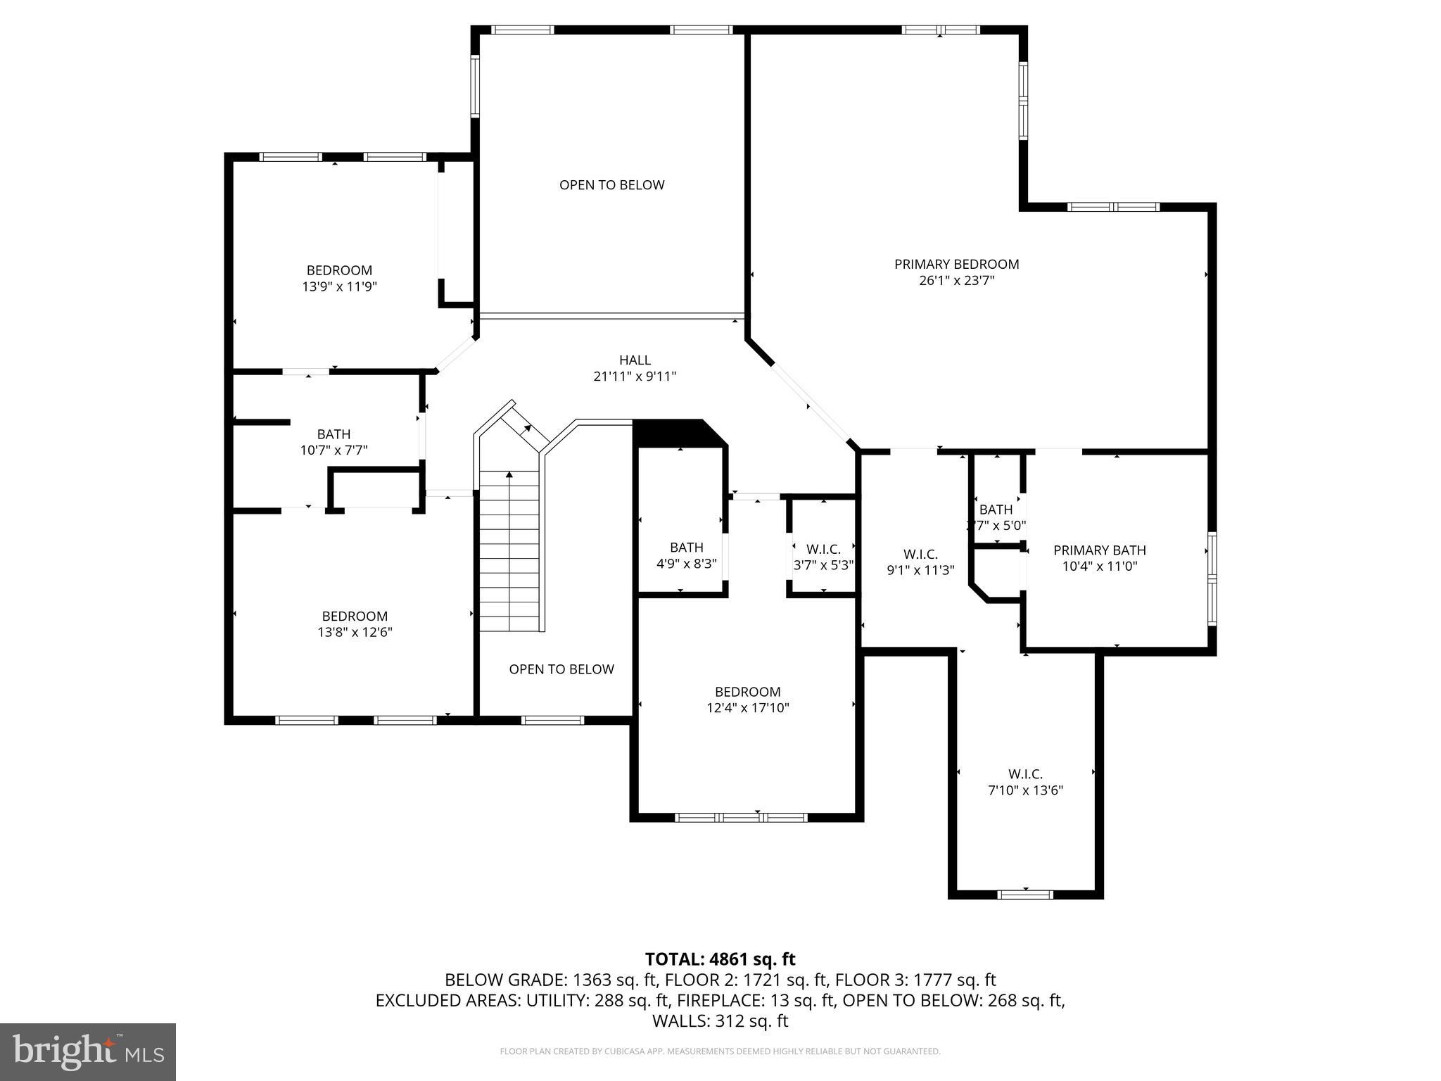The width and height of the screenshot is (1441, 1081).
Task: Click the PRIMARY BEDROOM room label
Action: coord(956,264)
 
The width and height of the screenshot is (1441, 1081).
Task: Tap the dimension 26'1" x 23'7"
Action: coord(956,281)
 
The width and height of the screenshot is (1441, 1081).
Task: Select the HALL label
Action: coord(635,360)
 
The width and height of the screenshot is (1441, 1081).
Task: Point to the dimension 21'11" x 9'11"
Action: coord(635,377)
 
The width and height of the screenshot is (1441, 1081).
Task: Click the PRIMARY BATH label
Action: coord(1099,550)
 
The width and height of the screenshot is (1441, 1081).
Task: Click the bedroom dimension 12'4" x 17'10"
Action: coord(748,708)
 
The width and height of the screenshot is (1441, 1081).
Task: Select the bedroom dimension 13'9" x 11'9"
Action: coord(339,286)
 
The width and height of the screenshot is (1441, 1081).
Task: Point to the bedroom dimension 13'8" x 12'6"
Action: coord(355,632)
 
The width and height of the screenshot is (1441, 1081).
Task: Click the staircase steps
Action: coord(509,556)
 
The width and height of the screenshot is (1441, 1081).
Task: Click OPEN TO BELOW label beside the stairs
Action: coord(561,669)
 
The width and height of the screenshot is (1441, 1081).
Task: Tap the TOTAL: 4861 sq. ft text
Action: coord(720,959)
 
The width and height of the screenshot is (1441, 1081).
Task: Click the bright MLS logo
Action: coord(88,1051)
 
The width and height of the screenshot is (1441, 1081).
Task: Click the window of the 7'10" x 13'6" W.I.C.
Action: coord(1025,894)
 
